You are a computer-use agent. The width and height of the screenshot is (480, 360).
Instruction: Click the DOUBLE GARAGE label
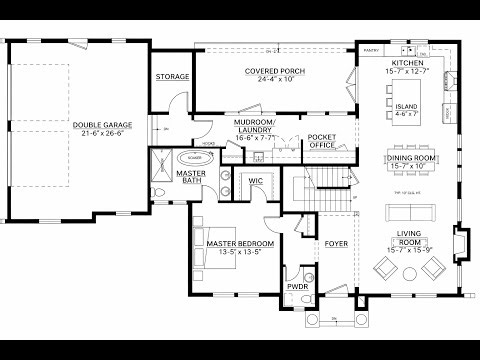(99, 125)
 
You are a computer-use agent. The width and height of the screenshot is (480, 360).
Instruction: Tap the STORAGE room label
(172, 77)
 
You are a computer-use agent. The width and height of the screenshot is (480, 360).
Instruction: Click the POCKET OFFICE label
(321, 140)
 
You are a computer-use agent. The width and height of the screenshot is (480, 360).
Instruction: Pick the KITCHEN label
(407, 61)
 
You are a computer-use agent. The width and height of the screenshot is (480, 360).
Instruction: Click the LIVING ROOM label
(407, 235)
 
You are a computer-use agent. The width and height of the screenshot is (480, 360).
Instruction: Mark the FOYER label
(335, 243)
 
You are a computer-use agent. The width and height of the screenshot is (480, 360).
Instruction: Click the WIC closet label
(255, 181)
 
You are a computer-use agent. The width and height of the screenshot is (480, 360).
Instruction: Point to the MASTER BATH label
(190, 177)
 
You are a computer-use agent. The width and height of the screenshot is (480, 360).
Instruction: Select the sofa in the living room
(407, 210)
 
